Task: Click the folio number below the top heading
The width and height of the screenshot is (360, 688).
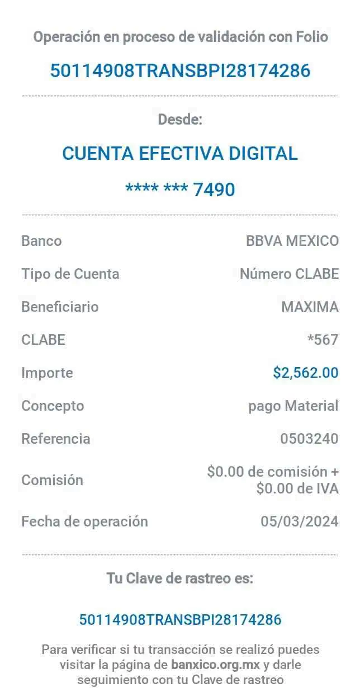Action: [x=180, y=71]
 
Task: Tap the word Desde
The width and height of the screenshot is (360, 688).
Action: [x=182, y=119]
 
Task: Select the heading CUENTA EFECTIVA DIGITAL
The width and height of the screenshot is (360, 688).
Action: [x=180, y=153]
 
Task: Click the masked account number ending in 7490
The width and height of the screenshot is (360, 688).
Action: [x=180, y=189]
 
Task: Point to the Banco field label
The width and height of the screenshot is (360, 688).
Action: [x=41, y=241]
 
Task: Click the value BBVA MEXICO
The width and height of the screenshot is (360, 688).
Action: [x=292, y=241]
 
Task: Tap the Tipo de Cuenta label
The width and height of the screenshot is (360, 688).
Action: [x=70, y=274]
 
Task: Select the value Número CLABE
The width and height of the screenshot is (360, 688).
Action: [x=288, y=274]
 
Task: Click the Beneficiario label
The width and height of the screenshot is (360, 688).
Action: [x=59, y=307]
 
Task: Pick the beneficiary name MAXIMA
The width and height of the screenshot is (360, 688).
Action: [x=310, y=307]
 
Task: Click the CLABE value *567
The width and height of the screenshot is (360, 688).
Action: [x=323, y=339]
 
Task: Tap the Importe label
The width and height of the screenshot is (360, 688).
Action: [x=47, y=373]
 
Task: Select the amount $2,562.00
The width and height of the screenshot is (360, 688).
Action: [x=305, y=373]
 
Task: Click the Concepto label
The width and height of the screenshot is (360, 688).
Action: [x=53, y=406]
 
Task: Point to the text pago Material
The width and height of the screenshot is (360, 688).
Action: [x=293, y=406]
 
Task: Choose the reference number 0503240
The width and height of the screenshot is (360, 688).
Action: [x=309, y=439]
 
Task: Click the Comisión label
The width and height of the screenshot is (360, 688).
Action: [x=52, y=480]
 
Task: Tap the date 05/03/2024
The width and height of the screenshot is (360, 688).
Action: [x=300, y=521]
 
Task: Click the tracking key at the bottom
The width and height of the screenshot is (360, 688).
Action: [x=180, y=619]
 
